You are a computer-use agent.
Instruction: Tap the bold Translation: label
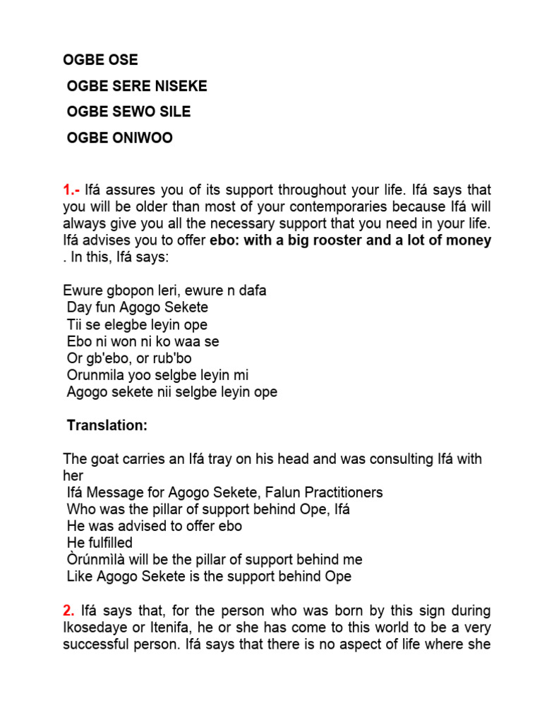[107, 425]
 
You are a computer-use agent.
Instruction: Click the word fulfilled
[110, 543]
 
